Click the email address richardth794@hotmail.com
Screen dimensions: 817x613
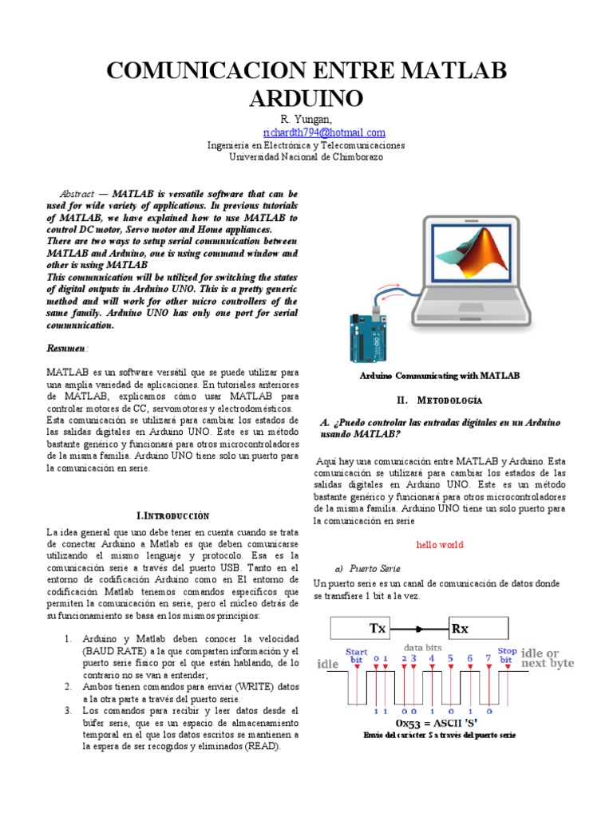[324, 132]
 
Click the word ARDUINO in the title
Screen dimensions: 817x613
[306, 99]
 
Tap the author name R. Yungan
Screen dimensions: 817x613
[306, 120]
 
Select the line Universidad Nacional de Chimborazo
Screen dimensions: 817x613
[306, 157]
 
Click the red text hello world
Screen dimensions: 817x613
[440, 545]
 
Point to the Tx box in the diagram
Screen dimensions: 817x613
[377, 628]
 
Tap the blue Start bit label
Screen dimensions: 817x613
[356, 656]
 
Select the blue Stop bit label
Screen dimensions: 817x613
[507, 656]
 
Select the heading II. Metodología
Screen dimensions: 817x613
[439, 400]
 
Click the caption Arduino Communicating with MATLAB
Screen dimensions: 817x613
[440, 375]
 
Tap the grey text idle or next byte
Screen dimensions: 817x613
[548, 658]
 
